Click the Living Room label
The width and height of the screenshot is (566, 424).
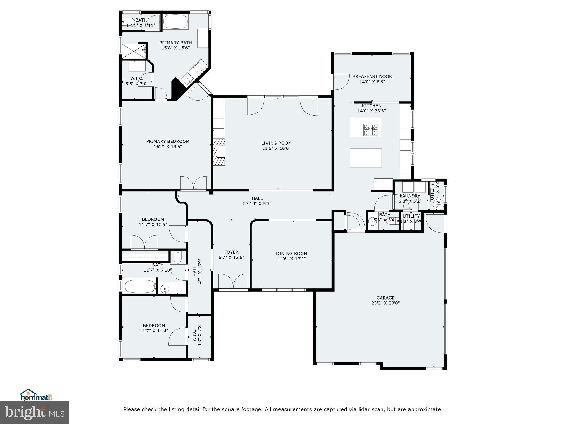pyautogui.click(x=276, y=143)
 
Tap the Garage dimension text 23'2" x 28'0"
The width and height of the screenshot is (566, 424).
pyautogui.click(x=385, y=303)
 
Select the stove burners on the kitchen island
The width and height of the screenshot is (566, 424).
pyautogui.click(x=370, y=130)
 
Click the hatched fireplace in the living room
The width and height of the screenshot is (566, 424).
pyautogui.click(x=219, y=152)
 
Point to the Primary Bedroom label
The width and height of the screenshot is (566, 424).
pyautogui.click(x=168, y=141)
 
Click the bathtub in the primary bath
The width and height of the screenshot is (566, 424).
pyautogui.click(x=175, y=22)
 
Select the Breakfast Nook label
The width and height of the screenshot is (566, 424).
pyautogui.click(x=372, y=76)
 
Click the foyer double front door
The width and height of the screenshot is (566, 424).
pyautogui.click(x=233, y=282)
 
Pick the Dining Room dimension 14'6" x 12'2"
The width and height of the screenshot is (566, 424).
pyautogui.click(x=292, y=259)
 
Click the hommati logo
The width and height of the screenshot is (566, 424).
pyautogui.click(x=36, y=395)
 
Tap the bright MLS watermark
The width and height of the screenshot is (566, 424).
pyautogui.click(x=35, y=413)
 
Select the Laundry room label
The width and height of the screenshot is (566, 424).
pyautogui.click(x=410, y=196)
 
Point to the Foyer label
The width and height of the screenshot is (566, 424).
pyautogui.click(x=231, y=252)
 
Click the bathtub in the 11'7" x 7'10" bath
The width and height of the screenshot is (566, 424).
pyautogui.click(x=140, y=286)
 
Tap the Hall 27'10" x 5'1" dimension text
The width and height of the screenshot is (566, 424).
pyautogui.click(x=257, y=204)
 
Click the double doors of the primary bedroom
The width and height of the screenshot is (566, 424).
pyautogui.click(x=193, y=183)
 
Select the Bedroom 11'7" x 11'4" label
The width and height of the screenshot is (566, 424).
pyautogui.click(x=154, y=325)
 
